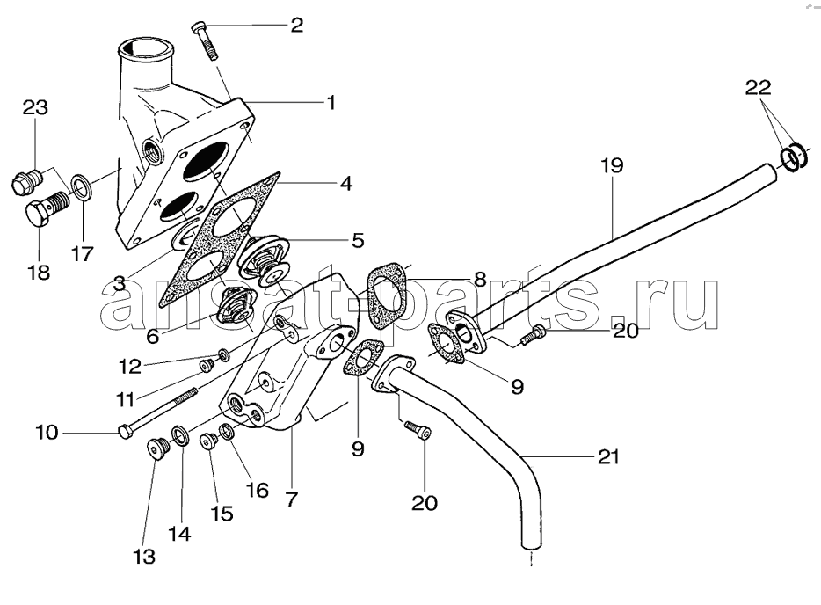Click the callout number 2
tap(297, 25)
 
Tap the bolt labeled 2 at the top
tap(206, 40)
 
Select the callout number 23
tap(35, 107)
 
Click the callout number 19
tap(612, 165)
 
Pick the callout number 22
tap(759, 87)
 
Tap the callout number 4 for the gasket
tap(346, 183)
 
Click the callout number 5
tap(358, 240)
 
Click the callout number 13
tap(143, 557)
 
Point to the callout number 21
tap(608, 456)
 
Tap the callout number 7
tap(291, 499)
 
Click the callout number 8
tap(480, 279)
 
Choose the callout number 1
tap(331, 102)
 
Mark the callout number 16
tap(258, 491)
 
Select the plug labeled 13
tap(156, 449)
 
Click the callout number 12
tap(129, 367)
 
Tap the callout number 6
tap(152, 336)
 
